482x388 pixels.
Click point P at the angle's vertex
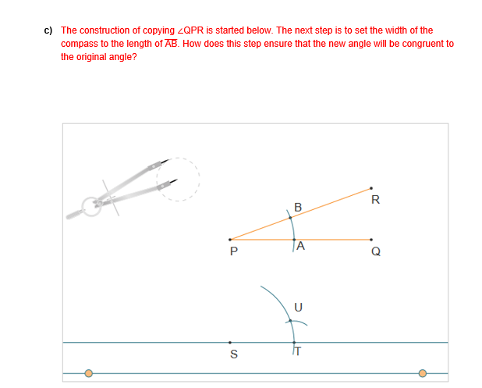(x=230, y=240)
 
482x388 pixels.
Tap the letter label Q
(x=376, y=252)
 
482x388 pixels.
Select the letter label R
(x=376, y=200)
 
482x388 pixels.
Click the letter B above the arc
(x=298, y=208)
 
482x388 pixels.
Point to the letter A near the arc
(x=301, y=245)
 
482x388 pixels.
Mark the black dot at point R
(x=370, y=188)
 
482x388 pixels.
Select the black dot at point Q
(x=370, y=240)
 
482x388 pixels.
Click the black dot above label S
(x=230, y=342)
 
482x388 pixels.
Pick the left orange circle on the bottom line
(x=89, y=373)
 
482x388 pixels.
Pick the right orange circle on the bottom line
(x=423, y=373)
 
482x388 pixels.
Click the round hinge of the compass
(x=92, y=205)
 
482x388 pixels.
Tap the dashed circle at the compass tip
(x=178, y=180)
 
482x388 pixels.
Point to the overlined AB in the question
(x=172, y=44)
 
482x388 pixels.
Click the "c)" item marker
(x=48, y=30)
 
